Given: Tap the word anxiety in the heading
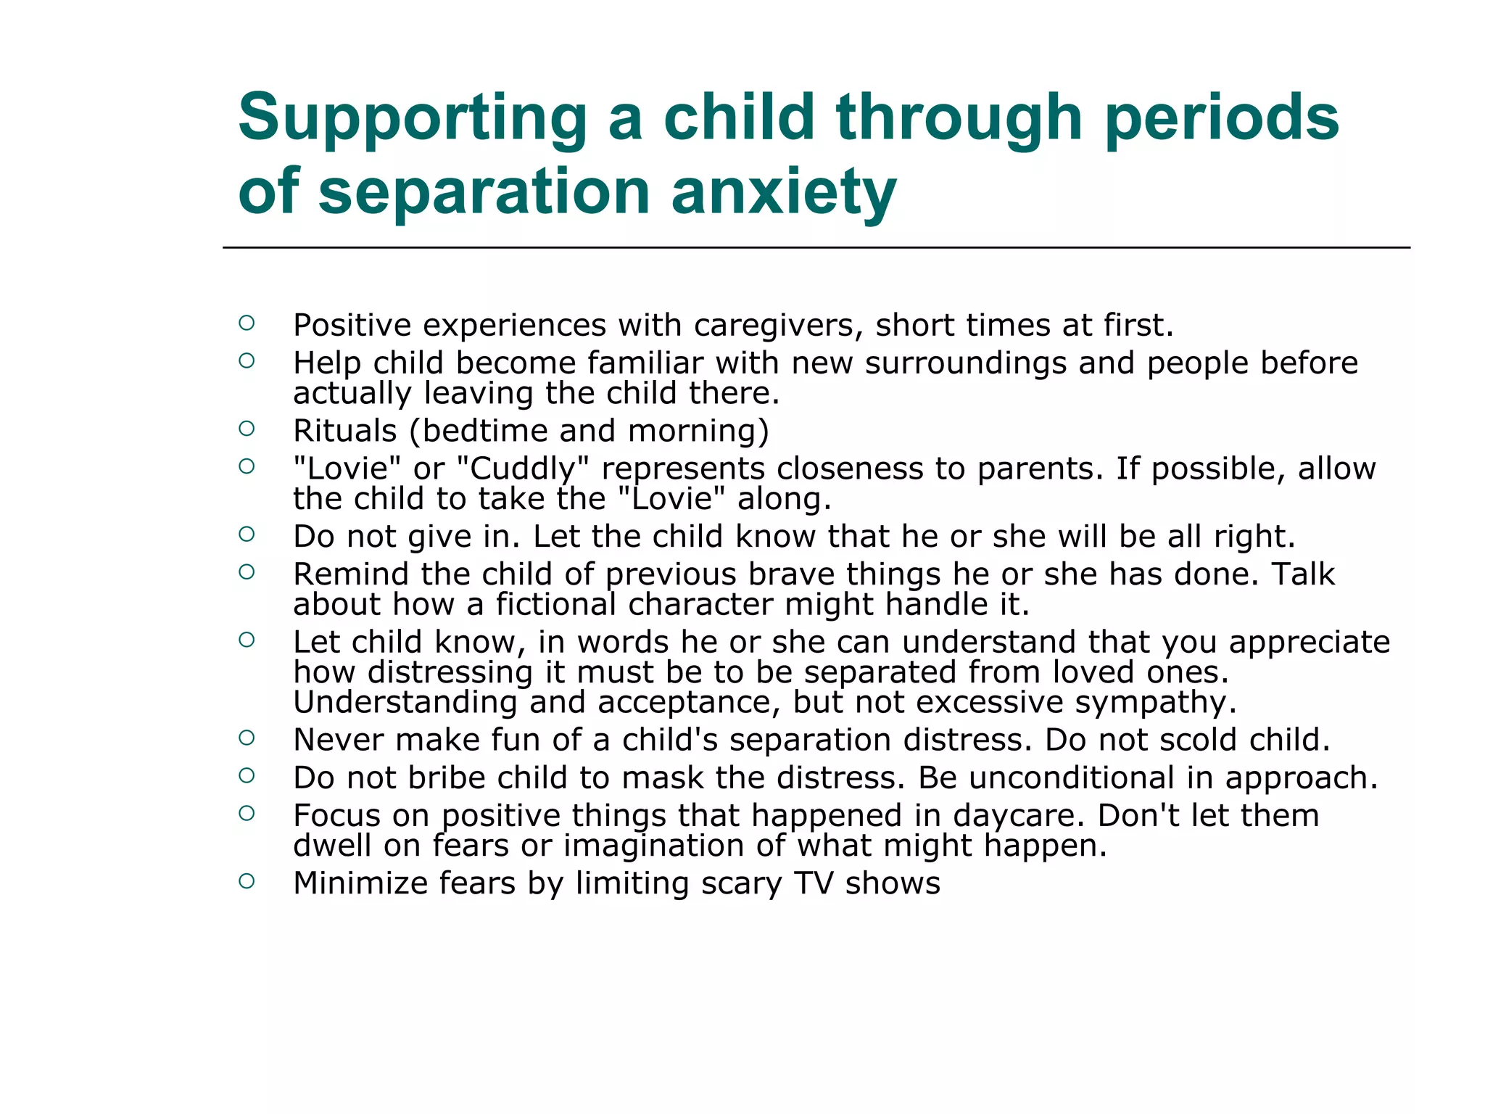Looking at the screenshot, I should click(x=784, y=194).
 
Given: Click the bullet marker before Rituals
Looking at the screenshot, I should click(x=247, y=429).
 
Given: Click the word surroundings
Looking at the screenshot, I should click(x=965, y=363).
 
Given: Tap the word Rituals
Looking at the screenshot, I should click(x=344, y=431).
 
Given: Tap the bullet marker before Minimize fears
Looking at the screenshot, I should click(x=247, y=881).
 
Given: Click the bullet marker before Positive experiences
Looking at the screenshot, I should click(x=247, y=323).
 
